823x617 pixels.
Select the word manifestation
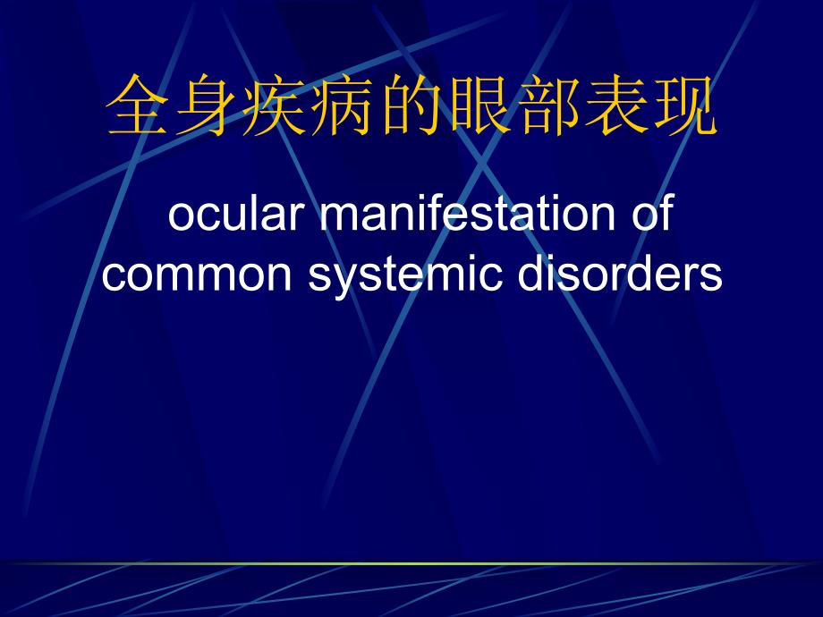tap(466, 217)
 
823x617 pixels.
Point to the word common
tap(199, 275)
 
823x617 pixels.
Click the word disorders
tap(611, 275)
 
